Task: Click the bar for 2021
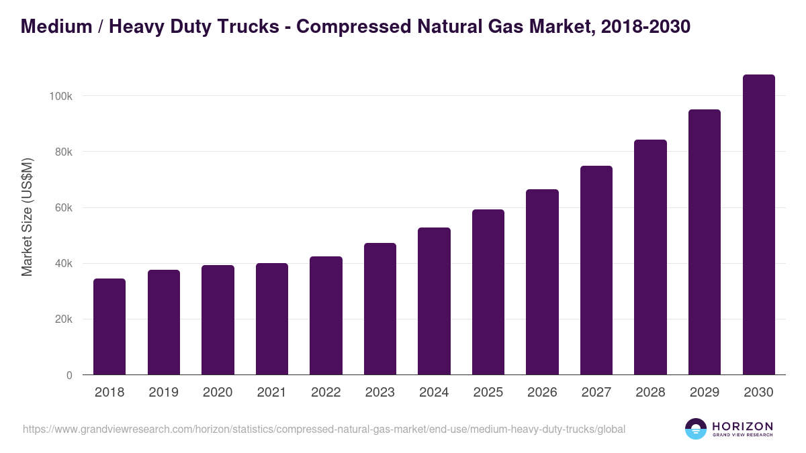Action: pyautogui.click(x=272, y=319)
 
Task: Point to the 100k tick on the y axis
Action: pyautogui.click(x=61, y=96)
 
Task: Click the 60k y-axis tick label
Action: pyautogui.click(x=64, y=208)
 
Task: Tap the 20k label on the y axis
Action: pyautogui.click(x=64, y=319)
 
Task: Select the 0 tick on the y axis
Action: pyautogui.click(x=69, y=375)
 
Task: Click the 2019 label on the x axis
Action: pyautogui.click(x=163, y=393)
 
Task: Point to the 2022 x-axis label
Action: pyautogui.click(x=326, y=393)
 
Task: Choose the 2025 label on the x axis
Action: pyautogui.click(x=488, y=393)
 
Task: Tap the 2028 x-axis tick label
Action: pyautogui.click(x=650, y=393)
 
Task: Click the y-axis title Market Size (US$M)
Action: pyautogui.click(x=27, y=217)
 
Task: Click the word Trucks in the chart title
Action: pyautogui.click(x=253, y=27)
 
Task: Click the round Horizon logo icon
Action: pyautogui.click(x=696, y=429)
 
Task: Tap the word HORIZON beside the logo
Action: pyautogui.click(x=742, y=425)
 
